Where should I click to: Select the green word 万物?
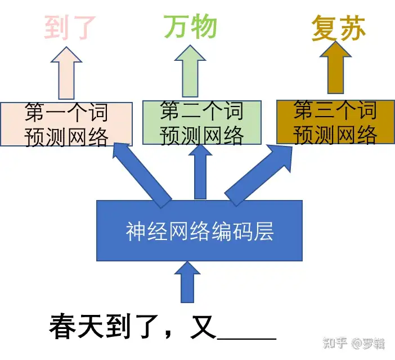(x=190, y=27)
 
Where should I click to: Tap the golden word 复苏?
(x=339, y=29)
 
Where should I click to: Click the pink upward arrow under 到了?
(x=66, y=73)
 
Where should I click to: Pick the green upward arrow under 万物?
(x=191, y=70)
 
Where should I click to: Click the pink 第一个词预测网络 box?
(x=66, y=124)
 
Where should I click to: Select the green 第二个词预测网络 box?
(x=201, y=123)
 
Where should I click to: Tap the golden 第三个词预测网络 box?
(x=335, y=122)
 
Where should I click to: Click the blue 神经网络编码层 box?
(x=200, y=231)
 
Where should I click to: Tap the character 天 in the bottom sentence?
(x=91, y=327)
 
